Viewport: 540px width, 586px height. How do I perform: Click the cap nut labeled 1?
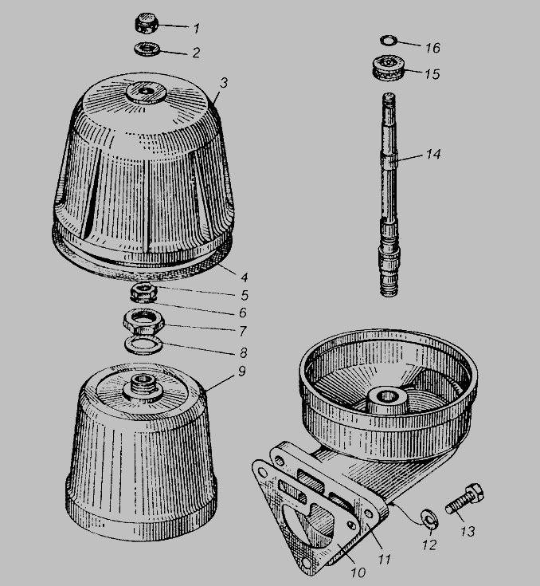[x=147, y=23]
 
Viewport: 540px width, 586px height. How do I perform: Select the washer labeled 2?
[x=147, y=49]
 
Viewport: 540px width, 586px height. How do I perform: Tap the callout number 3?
[x=223, y=83]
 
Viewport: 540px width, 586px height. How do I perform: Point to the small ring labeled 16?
[x=389, y=40]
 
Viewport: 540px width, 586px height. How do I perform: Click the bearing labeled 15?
[x=388, y=67]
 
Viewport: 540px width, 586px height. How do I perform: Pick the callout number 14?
[x=433, y=154]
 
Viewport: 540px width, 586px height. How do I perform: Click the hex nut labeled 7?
[x=144, y=321]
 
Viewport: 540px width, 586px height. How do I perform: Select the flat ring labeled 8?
[x=144, y=344]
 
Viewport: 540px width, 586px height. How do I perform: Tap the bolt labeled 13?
[x=464, y=499]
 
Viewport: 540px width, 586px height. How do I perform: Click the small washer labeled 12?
[x=430, y=520]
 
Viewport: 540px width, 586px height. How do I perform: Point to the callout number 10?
[x=358, y=572]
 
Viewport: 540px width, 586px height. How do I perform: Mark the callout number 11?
[x=384, y=559]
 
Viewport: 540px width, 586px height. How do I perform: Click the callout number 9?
[x=242, y=371]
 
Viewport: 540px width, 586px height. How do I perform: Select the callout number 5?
[x=245, y=295]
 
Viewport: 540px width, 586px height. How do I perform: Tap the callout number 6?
[x=243, y=312]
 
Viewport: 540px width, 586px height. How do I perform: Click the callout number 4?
[x=245, y=277]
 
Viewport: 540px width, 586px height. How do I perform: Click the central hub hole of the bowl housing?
[x=387, y=395]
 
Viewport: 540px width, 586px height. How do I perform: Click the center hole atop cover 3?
[x=144, y=91]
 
